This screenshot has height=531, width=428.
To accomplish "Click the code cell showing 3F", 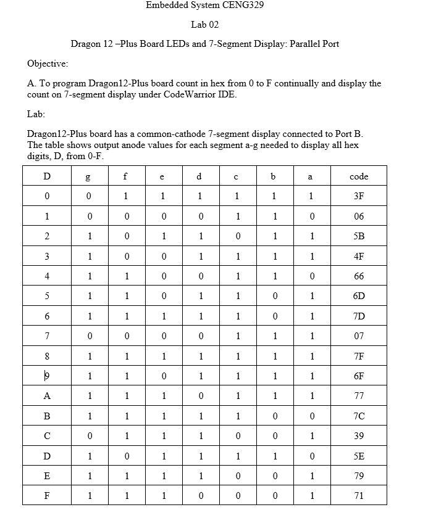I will tap(359, 196).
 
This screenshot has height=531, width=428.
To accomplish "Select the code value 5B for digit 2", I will tap(359, 236).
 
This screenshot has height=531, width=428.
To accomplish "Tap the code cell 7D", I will tap(359, 316).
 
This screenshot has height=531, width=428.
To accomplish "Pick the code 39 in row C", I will tap(359, 435).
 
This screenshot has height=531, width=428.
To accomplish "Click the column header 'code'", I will tap(359, 176).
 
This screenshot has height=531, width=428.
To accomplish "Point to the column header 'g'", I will tap(89, 177).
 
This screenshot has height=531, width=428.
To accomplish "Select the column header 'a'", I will tap(311, 176).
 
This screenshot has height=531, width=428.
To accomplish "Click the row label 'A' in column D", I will tap(47, 396).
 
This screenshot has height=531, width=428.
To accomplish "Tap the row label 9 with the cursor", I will tap(47, 376).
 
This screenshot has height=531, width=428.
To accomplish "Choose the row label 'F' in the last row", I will tap(47, 495).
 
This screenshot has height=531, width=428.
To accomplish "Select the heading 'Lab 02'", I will tap(205, 25).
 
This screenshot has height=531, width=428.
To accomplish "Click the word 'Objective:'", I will tap(48, 64).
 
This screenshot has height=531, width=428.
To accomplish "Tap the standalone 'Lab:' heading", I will tap(36, 114).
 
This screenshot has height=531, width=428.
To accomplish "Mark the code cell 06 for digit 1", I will tap(359, 216).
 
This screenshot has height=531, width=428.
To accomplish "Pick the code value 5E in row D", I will tap(359, 456).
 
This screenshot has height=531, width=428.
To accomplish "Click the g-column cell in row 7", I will tap(89, 336).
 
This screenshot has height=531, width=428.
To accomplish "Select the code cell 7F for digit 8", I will tap(359, 356).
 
